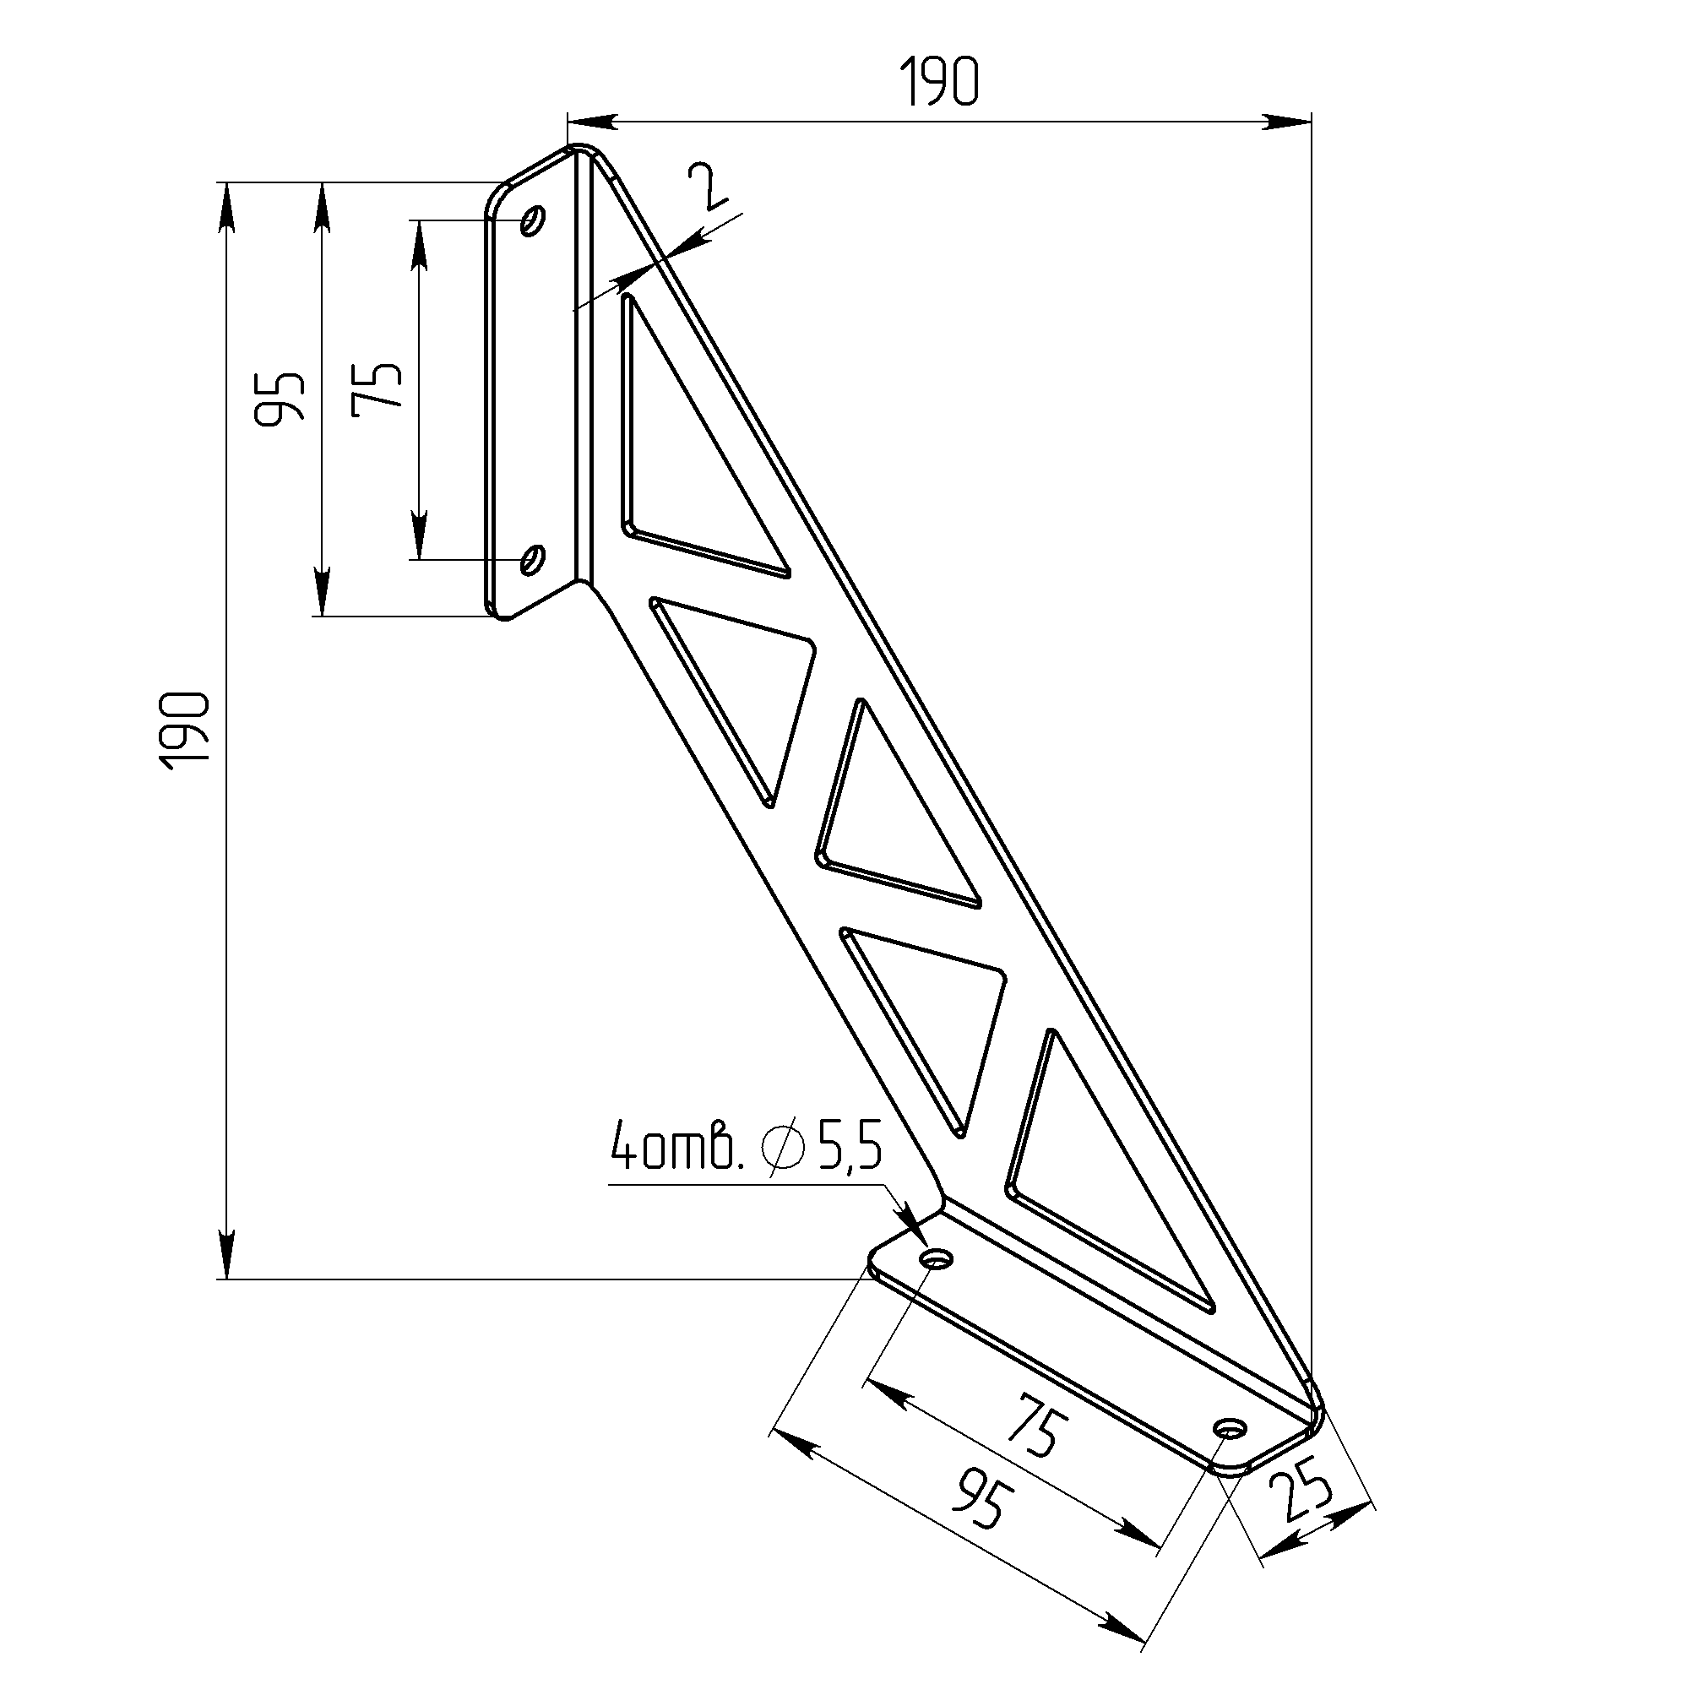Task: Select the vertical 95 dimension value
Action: click(280, 399)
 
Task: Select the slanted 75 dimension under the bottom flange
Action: click(1039, 1432)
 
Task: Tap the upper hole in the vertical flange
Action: click(533, 220)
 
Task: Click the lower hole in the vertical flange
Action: click(533, 559)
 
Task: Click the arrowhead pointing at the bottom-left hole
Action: click(917, 1229)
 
